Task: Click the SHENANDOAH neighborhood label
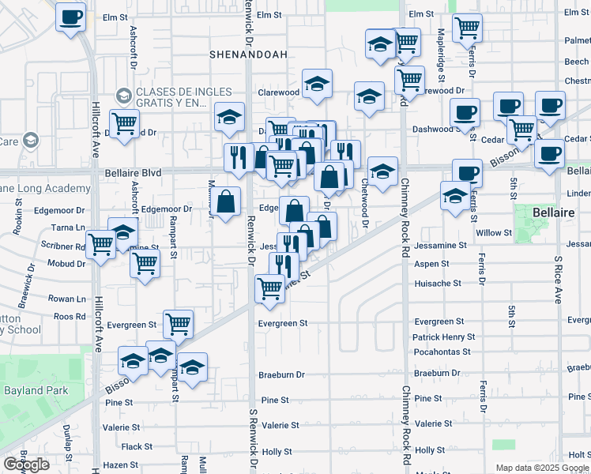[243, 55]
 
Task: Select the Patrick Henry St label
[444, 337]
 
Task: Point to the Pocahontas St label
[442, 352]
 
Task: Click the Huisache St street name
[438, 283]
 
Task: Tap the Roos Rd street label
[70, 317]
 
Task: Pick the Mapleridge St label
[441, 49]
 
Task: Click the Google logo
[26, 465]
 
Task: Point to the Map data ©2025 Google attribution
[542, 468]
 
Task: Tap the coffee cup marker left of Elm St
[71, 17]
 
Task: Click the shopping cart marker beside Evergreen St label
[179, 323]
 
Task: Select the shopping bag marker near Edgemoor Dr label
[226, 201]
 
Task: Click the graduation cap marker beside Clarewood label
[317, 83]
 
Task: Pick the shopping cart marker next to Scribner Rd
[100, 246]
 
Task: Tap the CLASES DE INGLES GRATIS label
[171, 97]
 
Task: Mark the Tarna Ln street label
[70, 228]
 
